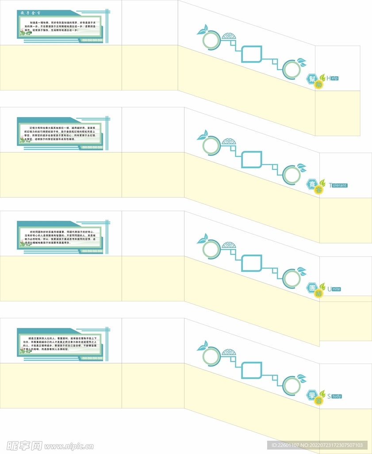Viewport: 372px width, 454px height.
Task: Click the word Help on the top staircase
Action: tap(333, 78)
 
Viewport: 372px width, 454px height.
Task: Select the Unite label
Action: tap(334, 289)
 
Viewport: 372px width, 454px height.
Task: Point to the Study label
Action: tap(334, 396)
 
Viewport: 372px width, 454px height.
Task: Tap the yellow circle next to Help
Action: tap(319, 84)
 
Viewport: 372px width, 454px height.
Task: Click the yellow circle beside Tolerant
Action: tap(318, 190)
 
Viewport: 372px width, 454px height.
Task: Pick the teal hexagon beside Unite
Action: tap(312, 288)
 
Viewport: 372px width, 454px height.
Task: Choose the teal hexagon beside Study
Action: tap(312, 394)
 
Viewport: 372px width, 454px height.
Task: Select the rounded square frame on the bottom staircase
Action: tap(251, 371)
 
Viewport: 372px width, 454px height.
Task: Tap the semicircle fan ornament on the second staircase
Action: tap(229, 142)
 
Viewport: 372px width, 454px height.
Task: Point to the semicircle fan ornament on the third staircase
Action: tap(229, 245)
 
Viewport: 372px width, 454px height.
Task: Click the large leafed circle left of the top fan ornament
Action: tap(211, 40)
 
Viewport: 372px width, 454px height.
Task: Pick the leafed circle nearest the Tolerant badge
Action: tap(292, 175)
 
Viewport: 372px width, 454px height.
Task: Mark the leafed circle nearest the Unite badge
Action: tap(292, 278)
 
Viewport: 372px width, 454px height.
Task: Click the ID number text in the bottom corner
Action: tap(317, 445)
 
